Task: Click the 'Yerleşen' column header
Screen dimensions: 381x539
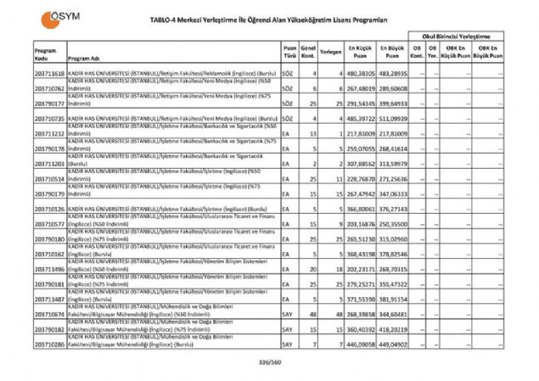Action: point(332,53)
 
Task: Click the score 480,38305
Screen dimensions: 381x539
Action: point(361,73)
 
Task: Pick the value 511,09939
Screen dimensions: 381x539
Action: point(392,119)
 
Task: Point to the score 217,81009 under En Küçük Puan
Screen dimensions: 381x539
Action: point(361,134)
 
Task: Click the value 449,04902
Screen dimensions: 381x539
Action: point(392,345)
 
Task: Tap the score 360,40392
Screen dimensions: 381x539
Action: point(361,330)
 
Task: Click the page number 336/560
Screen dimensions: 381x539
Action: point(269,363)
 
